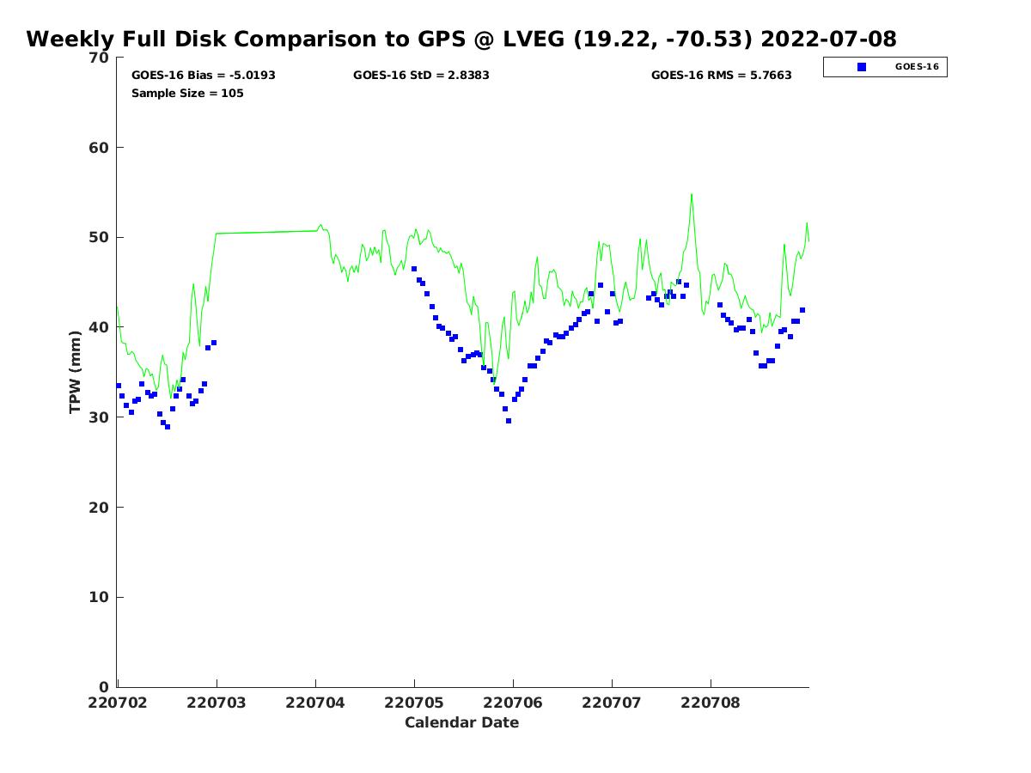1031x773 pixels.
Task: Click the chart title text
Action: (461, 40)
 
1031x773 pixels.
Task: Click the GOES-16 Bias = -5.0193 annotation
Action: (204, 76)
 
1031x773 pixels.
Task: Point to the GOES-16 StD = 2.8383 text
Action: (421, 76)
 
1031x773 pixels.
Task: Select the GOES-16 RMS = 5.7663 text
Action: (721, 76)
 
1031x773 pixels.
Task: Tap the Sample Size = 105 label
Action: (187, 94)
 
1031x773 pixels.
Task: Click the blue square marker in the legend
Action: (862, 67)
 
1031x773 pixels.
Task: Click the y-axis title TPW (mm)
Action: (76, 372)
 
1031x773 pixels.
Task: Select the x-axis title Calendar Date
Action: (461, 723)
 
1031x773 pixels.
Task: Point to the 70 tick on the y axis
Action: (100, 58)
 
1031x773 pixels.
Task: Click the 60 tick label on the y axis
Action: (100, 148)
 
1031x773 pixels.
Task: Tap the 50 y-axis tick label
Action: (100, 238)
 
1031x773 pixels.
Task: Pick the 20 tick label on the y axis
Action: (100, 508)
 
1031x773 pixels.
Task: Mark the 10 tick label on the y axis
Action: (100, 598)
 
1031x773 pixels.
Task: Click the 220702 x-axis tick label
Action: (118, 703)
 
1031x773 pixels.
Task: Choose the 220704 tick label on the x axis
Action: (315, 703)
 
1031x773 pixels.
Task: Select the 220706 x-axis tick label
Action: (513, 703)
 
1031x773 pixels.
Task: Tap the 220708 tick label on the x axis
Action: (711, 703)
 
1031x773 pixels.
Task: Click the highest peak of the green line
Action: (691, 194)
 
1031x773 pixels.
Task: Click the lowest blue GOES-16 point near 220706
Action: (509, 421)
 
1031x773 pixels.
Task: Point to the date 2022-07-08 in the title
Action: (828, 40)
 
